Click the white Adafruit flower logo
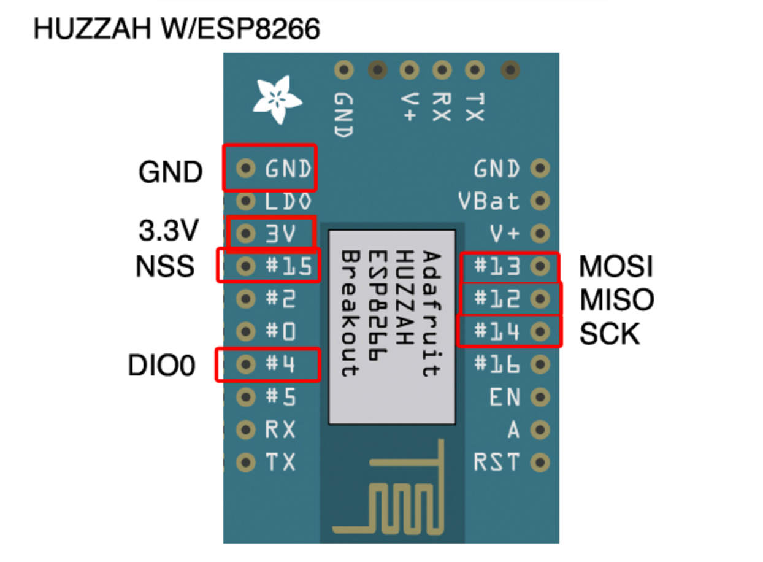[x=278, y=100]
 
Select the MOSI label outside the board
[x=616, y=267]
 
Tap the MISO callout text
[x=617, y=300]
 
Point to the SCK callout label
[x=610, y=334]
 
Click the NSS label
[x=164, y=267]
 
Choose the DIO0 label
[x=161, y=366]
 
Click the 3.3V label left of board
[x=169, y=231]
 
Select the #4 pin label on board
[x=280, y=365]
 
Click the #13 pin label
[x=497, y=266]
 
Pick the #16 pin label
[x=497, y=365]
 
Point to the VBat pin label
[x=489, y=201]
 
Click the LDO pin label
[x=288, y=201]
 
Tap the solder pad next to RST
[x=540, y=461]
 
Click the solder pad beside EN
[x=540, y=398]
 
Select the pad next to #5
[x=246, y=398]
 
